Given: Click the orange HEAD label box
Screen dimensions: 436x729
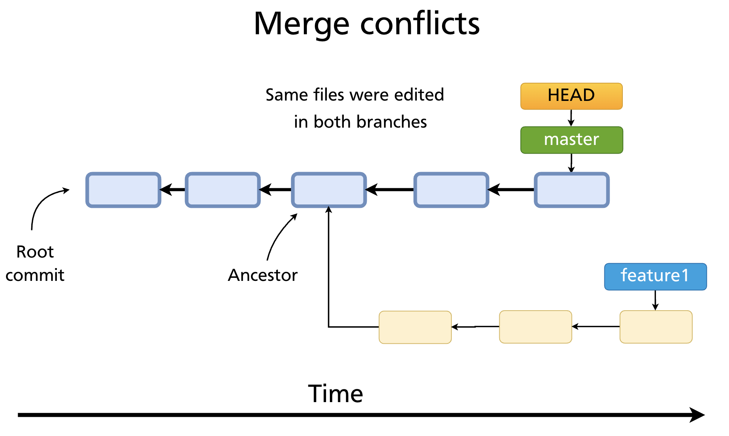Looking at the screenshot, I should [x=571, y=96].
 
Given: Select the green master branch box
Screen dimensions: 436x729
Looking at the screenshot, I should [x=571, y=140].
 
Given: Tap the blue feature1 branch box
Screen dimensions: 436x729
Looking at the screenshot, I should [x=655, y=277].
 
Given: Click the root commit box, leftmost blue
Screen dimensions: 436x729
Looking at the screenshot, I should [x=124, y=190].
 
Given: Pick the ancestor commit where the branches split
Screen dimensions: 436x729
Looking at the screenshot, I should [x=329, y=190].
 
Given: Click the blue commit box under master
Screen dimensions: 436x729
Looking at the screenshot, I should [x=572, y=190].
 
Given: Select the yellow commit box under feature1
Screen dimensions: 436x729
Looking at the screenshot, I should [x=656, y=327].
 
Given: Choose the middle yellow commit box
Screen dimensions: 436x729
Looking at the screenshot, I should [x=535, y=327].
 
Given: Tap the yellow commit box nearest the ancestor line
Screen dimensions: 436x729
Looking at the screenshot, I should [x=415, y=327].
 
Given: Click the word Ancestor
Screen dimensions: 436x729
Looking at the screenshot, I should [x=263, y=275].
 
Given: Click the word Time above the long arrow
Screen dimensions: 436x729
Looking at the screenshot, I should [x=335, y=394].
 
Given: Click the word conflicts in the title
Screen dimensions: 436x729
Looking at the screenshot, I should [x=419, y=24].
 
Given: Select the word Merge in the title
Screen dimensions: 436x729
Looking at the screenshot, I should [x=301, y=24].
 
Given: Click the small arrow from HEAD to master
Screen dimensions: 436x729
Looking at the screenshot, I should [x=571, y=118].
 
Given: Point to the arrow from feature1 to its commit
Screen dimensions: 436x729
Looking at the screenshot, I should [x=655, y=300].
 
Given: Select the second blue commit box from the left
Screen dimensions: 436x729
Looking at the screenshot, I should [x=223, y=190].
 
